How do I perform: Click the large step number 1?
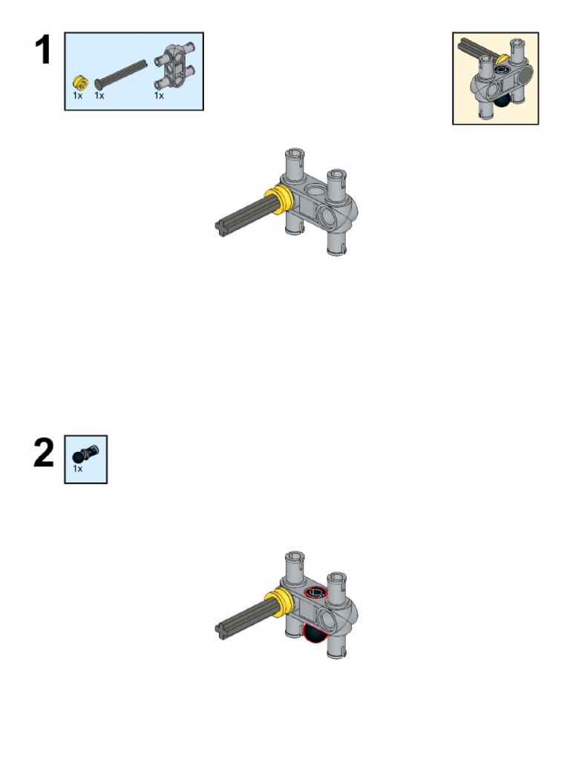tap(43, 51)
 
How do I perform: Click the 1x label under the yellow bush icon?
tap(78, 96)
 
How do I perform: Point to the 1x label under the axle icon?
tap(99, 96)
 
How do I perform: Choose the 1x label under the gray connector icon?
tap(159, 96)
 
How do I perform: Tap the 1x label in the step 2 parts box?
tap(78, 469)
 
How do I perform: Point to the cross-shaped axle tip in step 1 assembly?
tap(221, 228)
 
